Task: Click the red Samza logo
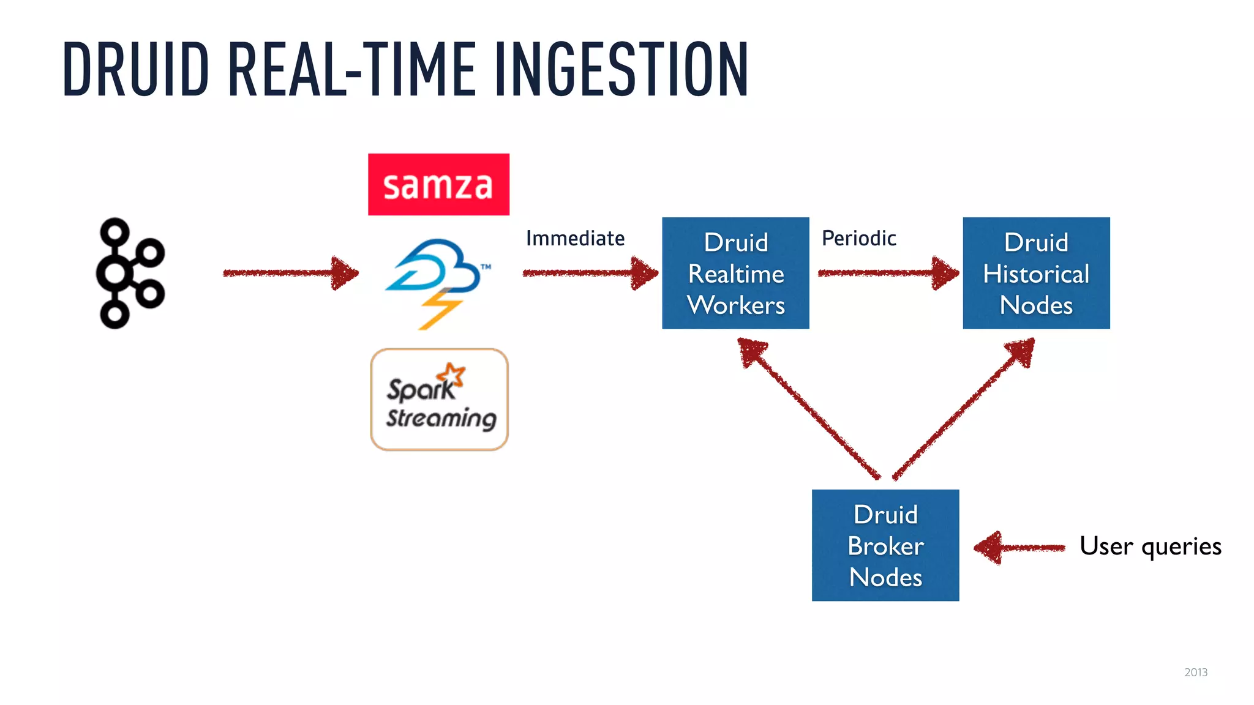(438, 184)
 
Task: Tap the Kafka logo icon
(130, 273)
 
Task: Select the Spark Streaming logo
(439, 400)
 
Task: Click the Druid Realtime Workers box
(735, 273)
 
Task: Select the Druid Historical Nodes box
(1036, 273)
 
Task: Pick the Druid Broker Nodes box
(885, 545)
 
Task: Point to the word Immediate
(575, 238)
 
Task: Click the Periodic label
(858, 238)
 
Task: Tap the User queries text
(1150, 546)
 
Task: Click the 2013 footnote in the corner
(1195, 672)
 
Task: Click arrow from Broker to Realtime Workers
(808, 409)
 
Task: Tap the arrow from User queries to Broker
(1019, 547)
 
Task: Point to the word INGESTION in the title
(621, 69)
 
